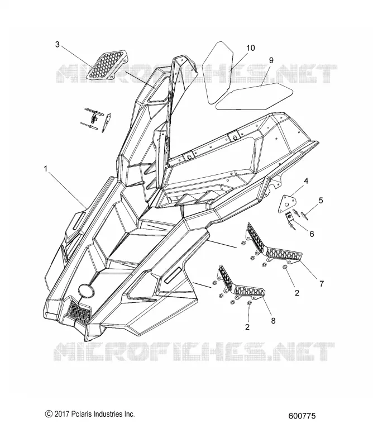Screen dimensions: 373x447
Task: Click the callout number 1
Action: click(46, 169)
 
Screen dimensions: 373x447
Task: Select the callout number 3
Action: click(58, 45)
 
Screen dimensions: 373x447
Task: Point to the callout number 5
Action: click(321, 201)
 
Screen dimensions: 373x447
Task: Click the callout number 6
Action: click(312, 234)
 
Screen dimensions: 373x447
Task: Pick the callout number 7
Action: click(322, 284)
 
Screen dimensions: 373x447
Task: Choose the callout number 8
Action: click(273, 321)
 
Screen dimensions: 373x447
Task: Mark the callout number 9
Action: click(271, 60)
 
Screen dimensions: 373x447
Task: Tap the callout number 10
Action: click(251, 47)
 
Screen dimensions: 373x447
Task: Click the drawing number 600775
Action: click(302, 416)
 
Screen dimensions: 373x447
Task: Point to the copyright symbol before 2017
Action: click(49, 414)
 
